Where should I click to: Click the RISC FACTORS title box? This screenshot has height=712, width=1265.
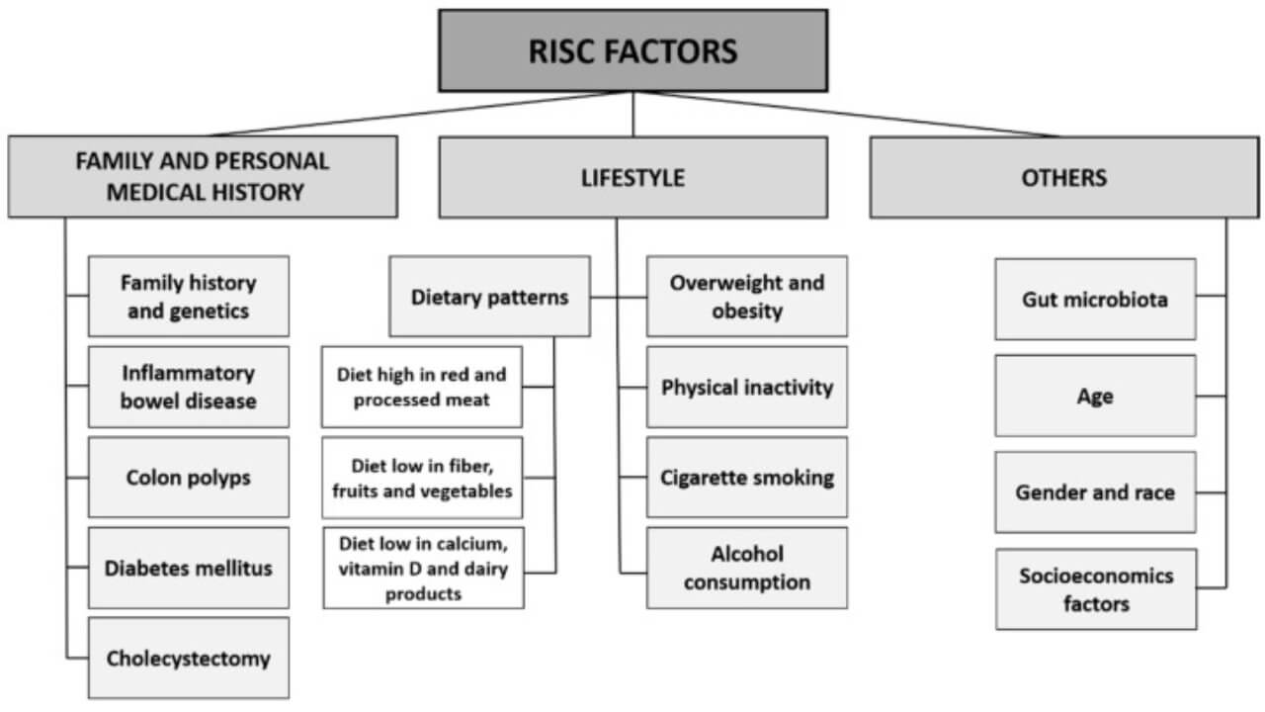click(x=632, y=51)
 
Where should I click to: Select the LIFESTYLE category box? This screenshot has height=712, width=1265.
click(x=632, y=178)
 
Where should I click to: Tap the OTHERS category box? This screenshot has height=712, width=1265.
click(x=1063, y=178)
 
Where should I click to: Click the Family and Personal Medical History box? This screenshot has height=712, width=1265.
click(x=203, y=177)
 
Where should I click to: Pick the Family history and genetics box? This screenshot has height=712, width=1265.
click(x=189, y=297)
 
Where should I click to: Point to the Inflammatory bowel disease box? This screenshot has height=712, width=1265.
click(x=189, y=387)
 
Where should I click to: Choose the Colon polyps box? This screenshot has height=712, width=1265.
click(x=189, y=478)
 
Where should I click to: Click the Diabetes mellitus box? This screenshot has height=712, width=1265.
click(x=189, y=568)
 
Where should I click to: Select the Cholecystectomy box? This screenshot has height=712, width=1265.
click(x=189, y=658)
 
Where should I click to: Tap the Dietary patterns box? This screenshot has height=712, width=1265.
click(x=489, y=297)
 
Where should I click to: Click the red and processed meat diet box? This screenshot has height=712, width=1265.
click(x=422, y=387)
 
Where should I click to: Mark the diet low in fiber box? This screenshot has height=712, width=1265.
click(x=422, y=478)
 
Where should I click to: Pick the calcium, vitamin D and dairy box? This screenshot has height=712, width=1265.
click(x=423, y=568)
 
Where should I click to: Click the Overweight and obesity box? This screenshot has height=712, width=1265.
click(x=747, y=297)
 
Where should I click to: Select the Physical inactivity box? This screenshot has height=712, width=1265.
click(x=747, y=387)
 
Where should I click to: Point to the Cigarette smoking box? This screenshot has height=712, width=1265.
click(x=747, y=478)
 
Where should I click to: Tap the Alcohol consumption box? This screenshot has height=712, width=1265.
click(x=747, y=568)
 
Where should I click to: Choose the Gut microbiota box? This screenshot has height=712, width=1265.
click(x=1095, y=299)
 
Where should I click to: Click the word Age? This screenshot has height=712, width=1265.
click(x=1095, y=397)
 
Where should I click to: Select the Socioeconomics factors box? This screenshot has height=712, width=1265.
click(x=1096, y=589)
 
